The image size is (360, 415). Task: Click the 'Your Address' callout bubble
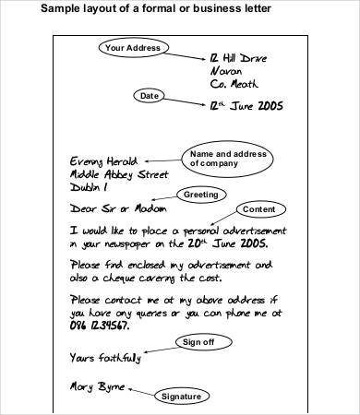pyautogui.click(x=133, y=48)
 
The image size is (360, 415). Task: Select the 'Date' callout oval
pyautogui.click(x=149, y=96)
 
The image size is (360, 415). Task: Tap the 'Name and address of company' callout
pyautogui.click(x=222, y=158)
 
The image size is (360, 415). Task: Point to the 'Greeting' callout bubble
pyautogui.click(x=199, y=195)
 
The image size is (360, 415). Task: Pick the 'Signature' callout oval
pyautogui.click(x=181, y=397)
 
